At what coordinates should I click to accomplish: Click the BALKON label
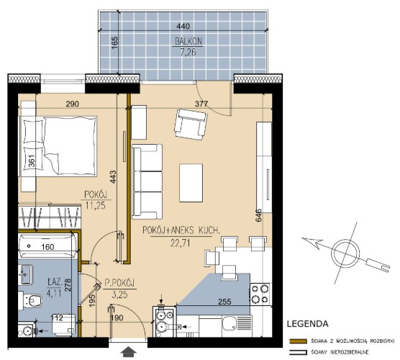tap(188, 41)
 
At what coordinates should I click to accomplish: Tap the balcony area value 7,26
tap(188, 52)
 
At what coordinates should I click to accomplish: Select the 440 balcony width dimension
tap(183, 26)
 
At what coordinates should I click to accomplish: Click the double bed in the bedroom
tap(58, 146)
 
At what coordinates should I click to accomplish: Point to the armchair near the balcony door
tap(191, 125)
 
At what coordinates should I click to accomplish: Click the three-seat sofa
tap(147, 181)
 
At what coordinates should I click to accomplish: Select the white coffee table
tap(191, 183)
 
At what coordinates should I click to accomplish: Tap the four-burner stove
tap(260, 294)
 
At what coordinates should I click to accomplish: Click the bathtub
tap(47, 246)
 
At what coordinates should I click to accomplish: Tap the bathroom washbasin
tap(25, 274)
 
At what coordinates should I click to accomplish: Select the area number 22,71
tap(181, 243)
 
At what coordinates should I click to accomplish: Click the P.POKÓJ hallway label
tap(119, 283)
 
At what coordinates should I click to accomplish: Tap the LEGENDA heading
tap(307, 324)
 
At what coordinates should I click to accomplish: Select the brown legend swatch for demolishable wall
tap(298, 341)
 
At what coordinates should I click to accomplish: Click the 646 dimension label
tap(258, 215)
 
